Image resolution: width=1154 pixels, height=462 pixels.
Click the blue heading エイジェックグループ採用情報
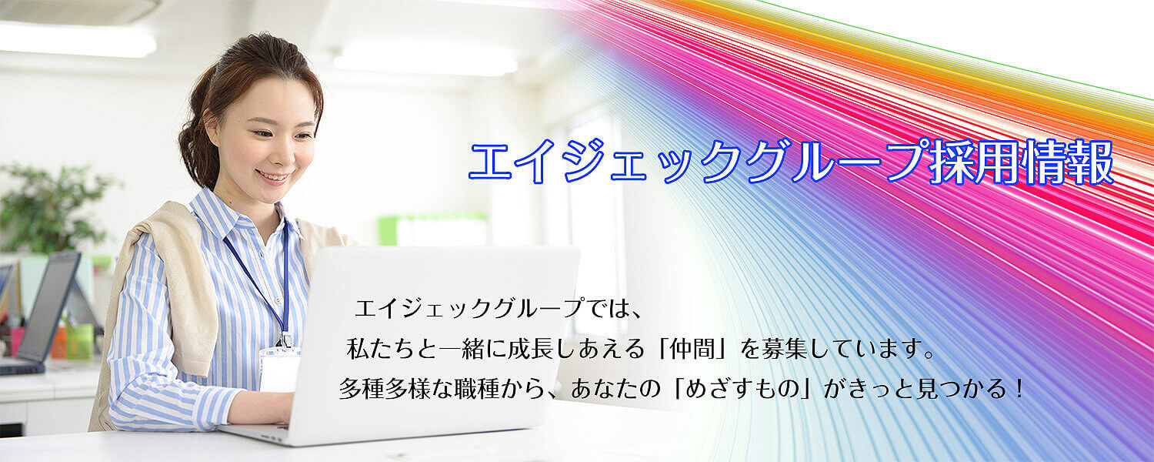791,162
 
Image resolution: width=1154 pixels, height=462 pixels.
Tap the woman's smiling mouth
274,177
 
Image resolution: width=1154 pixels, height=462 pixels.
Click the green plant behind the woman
52,206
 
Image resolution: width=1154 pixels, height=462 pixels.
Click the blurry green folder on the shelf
432,230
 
